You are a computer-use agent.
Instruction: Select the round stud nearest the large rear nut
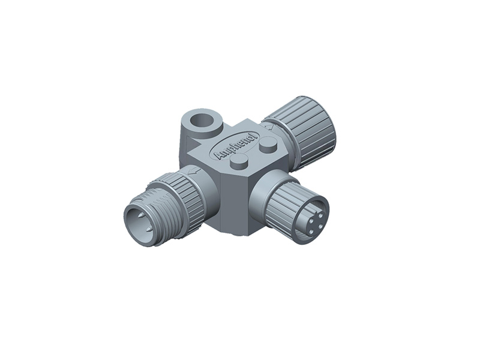[x=268, y=144]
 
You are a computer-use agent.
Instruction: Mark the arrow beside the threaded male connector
[x=193, y=172]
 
